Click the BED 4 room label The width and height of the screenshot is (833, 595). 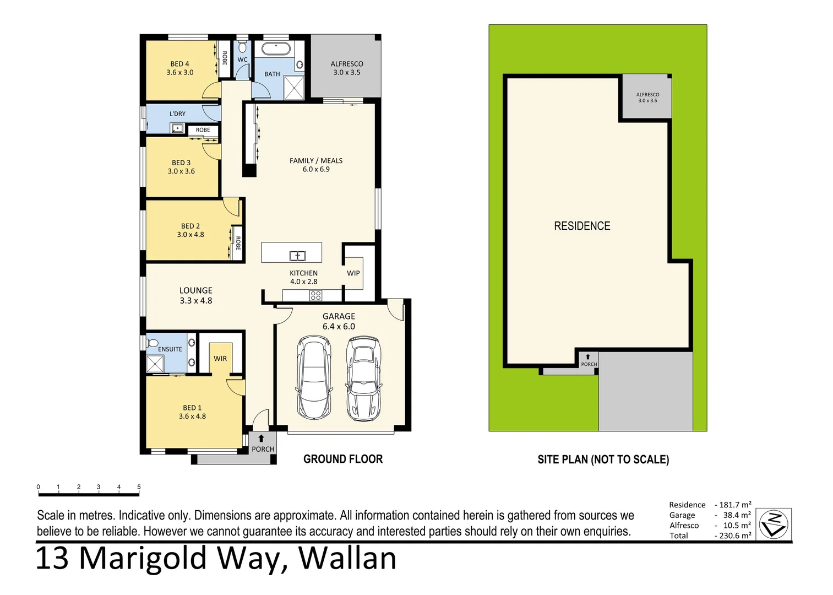tap(179, 64)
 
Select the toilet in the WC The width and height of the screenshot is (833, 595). tap(242, 47)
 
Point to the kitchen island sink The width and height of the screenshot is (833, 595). tap(297, 256)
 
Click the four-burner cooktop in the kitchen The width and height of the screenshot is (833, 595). tap(315, 296)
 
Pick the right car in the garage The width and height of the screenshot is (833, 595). tap(363, 379)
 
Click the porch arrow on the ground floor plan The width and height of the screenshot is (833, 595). tap(261, 439)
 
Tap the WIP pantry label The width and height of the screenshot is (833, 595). tap(353, 273)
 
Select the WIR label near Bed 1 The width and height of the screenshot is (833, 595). tap(220, 358)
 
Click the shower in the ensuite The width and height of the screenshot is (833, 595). tap(155, 364)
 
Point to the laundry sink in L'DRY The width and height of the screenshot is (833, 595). tap(177, 129)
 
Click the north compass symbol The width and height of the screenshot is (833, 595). tap(774, 524)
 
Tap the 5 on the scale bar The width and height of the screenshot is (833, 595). tap(139, 486)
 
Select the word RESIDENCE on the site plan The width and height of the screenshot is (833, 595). tap(582, 226)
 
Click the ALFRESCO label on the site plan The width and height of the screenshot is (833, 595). tap(647, 95)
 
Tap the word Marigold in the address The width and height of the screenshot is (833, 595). tap(143, 559)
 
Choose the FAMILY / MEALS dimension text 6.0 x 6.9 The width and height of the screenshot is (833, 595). tap(316, 169)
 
